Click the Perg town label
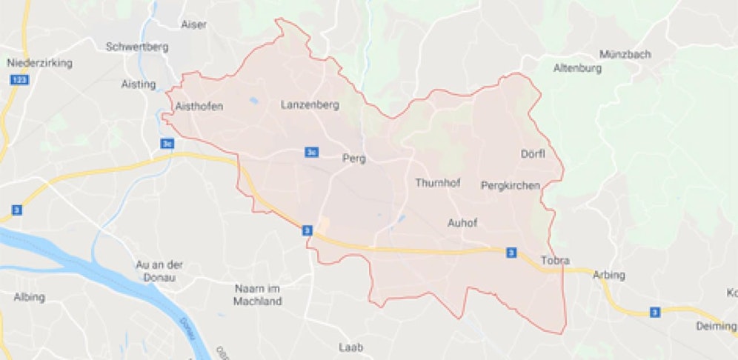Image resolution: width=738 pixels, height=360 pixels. tap(354, 158)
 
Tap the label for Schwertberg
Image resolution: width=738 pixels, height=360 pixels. tap(138, 47)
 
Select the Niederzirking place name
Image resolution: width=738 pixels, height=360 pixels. tap(39, 63)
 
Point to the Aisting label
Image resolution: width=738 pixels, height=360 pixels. tap(139, 84)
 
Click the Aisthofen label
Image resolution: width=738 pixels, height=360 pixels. tap(199, 107)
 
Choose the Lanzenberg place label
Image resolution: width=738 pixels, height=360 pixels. tap(310, 105)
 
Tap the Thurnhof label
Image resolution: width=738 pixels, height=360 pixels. tap(438, 183)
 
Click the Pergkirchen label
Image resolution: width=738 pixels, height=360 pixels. tap(511, 185)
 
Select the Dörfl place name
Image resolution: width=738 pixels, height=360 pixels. tap(533, 154)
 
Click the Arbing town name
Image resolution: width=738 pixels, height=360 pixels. tap(609, 276)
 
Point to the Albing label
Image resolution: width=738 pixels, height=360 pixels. tap(30, 297)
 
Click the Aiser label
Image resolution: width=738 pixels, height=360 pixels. tap(194, 24)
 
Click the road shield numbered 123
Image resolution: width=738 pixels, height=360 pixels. tap(20, 79)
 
